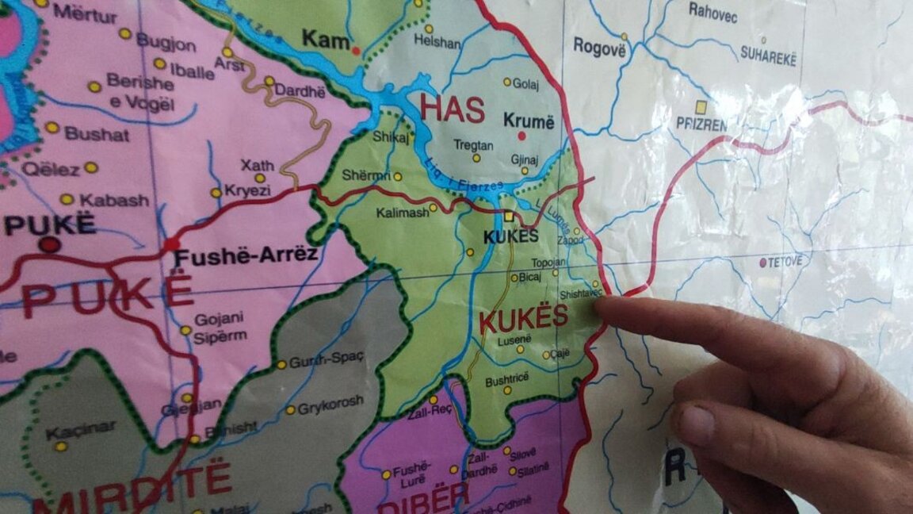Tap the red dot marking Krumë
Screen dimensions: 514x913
[522, 136]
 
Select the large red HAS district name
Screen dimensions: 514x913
[452, 109]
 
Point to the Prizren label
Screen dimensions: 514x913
[701, 125]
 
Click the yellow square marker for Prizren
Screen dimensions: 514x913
[701, 106]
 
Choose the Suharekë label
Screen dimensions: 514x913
[767, 55]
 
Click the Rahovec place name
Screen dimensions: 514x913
[713, 10]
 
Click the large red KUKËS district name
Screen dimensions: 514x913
[524, 318]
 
